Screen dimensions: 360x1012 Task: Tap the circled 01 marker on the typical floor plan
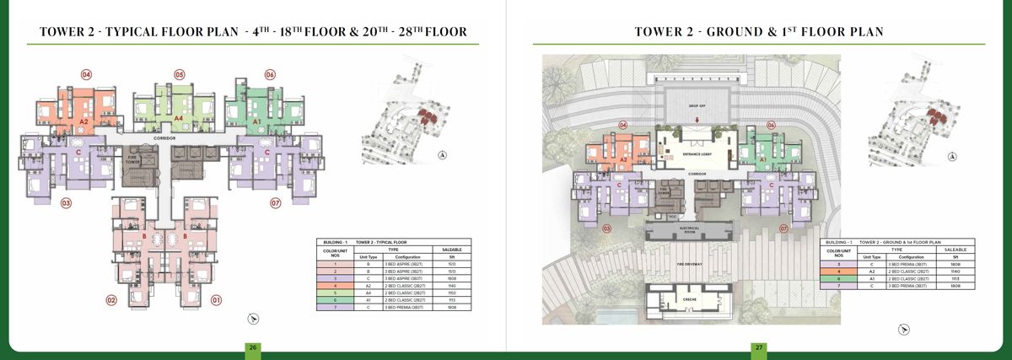click(x=215, y=300)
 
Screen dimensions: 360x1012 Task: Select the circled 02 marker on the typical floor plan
click(x=110, y=300)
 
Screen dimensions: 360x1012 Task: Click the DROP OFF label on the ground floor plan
click(x=697, y=107)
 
